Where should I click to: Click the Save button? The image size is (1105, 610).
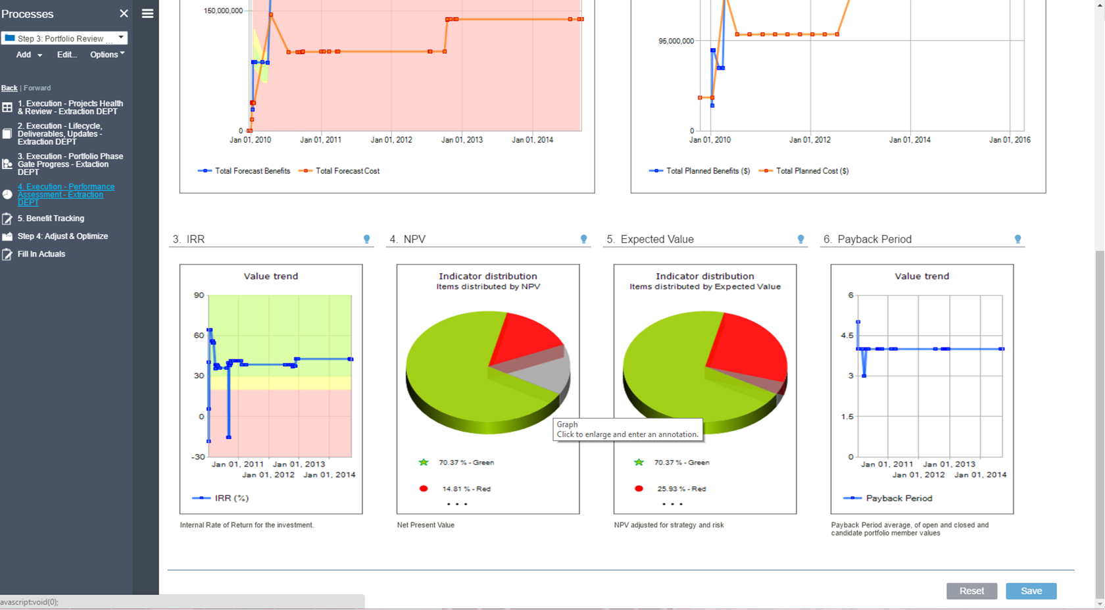pos(1031,591)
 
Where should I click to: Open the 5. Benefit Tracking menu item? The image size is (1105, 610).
pos(51,218)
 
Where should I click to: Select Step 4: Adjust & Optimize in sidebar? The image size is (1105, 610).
pos(62,236)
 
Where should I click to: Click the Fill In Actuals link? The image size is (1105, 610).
pos(41,254)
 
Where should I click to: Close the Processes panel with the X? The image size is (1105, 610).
pos(124,13)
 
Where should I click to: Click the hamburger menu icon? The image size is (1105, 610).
pos(147,13)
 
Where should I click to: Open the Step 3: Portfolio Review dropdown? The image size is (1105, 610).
pos(64,38)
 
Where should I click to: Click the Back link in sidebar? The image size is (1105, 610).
pos(9,88)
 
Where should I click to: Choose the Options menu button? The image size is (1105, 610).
pos(107,55)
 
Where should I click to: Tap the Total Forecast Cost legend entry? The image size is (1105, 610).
pos(347,171)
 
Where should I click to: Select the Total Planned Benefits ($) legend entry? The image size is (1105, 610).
pos(707,171)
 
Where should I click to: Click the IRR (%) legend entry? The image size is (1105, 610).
pos(231,498)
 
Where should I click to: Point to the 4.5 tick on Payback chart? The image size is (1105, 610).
pos(847,336)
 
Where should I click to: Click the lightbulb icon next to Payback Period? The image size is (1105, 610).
pos(1018,240)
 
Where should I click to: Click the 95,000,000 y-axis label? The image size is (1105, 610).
pos(675,41)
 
